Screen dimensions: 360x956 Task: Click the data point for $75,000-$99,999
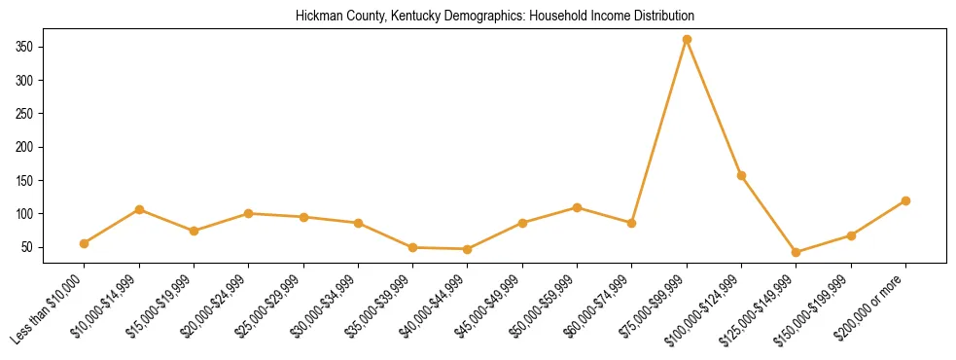coord(687,39)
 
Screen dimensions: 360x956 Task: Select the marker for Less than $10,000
coord(85,243)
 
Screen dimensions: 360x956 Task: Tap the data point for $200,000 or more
coord(905,200)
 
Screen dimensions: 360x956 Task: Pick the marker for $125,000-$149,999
coord(797,252)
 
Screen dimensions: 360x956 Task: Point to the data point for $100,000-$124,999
coord(741,175)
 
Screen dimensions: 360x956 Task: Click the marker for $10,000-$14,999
coord(139,209)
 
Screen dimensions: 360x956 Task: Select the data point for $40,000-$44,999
coord(468,249)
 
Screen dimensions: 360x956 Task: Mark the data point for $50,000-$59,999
coord(577,207)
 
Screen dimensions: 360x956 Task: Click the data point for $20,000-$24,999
coord(249,213)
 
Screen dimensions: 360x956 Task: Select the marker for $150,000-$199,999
coord(851,235)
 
